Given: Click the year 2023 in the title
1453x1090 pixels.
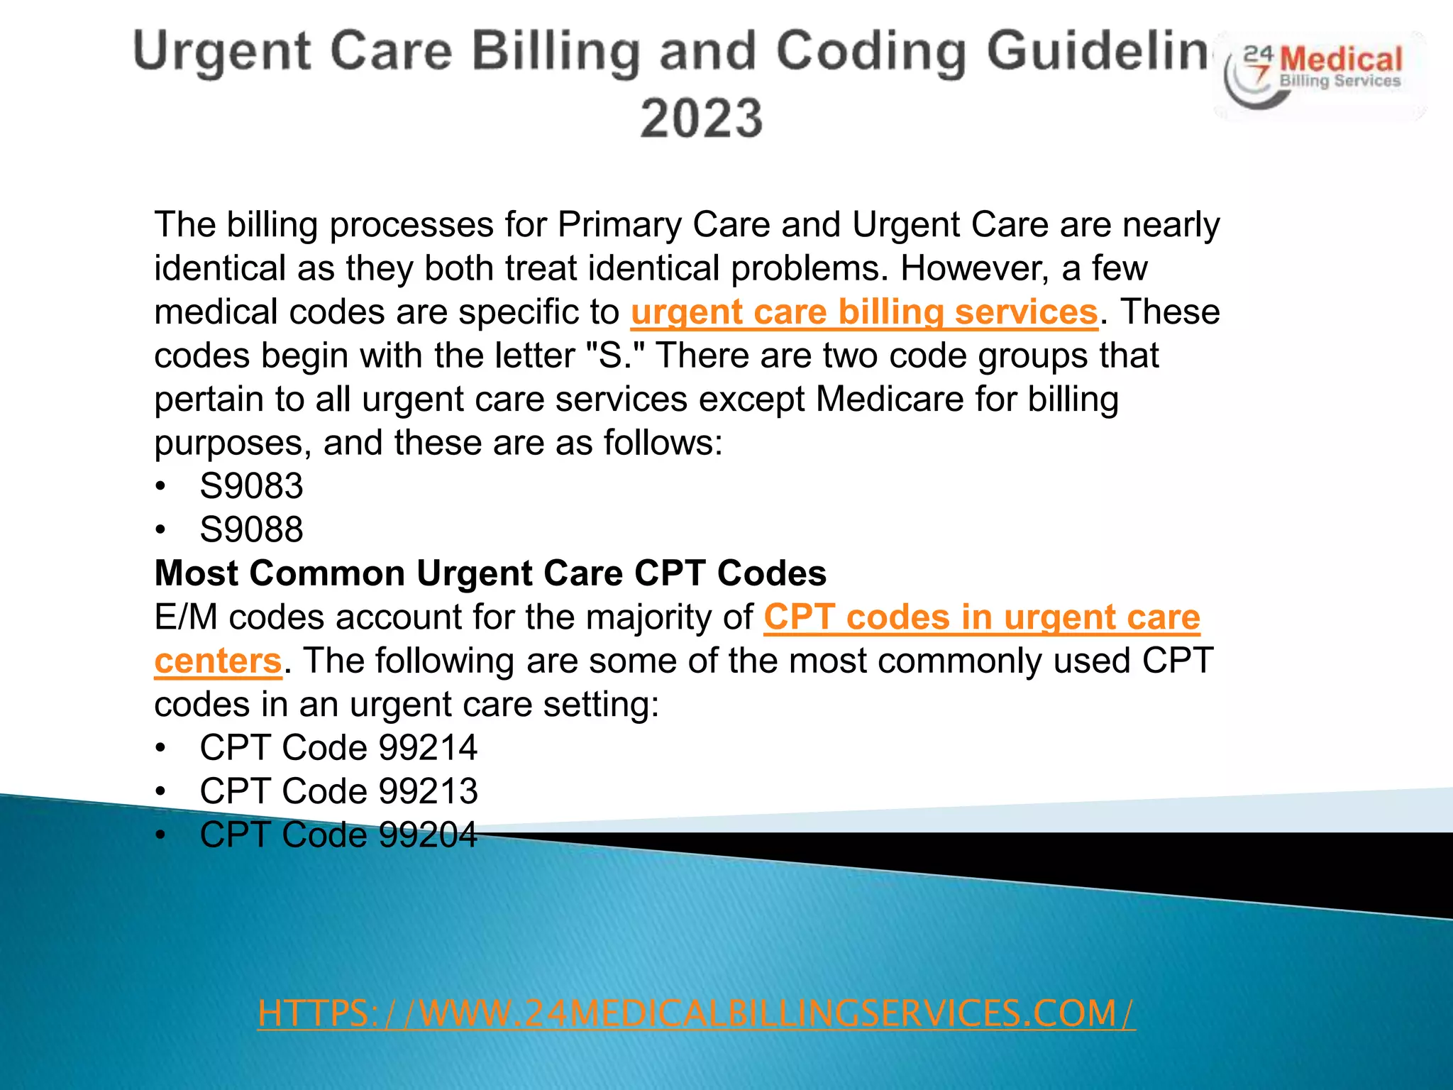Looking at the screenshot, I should click(x=701, y=118).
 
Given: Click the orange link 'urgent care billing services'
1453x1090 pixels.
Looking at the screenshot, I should click(x=864, y=312).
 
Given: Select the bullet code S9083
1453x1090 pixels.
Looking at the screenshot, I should click(x=251, y=486).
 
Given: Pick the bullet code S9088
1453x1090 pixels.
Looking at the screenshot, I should click(x=251, y=529).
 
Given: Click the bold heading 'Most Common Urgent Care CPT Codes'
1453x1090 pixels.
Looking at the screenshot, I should click(x=490, y=573).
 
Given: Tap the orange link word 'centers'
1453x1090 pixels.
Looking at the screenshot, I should click(x=218, y=661).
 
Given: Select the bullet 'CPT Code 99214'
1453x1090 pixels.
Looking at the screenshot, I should click(x=338, y=747).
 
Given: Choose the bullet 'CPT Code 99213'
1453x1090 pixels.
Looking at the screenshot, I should click(x=338, y=791).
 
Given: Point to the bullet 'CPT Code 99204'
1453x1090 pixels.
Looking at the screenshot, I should click(x=338, y=835).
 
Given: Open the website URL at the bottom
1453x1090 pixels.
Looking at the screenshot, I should click(x=696, y=1013).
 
